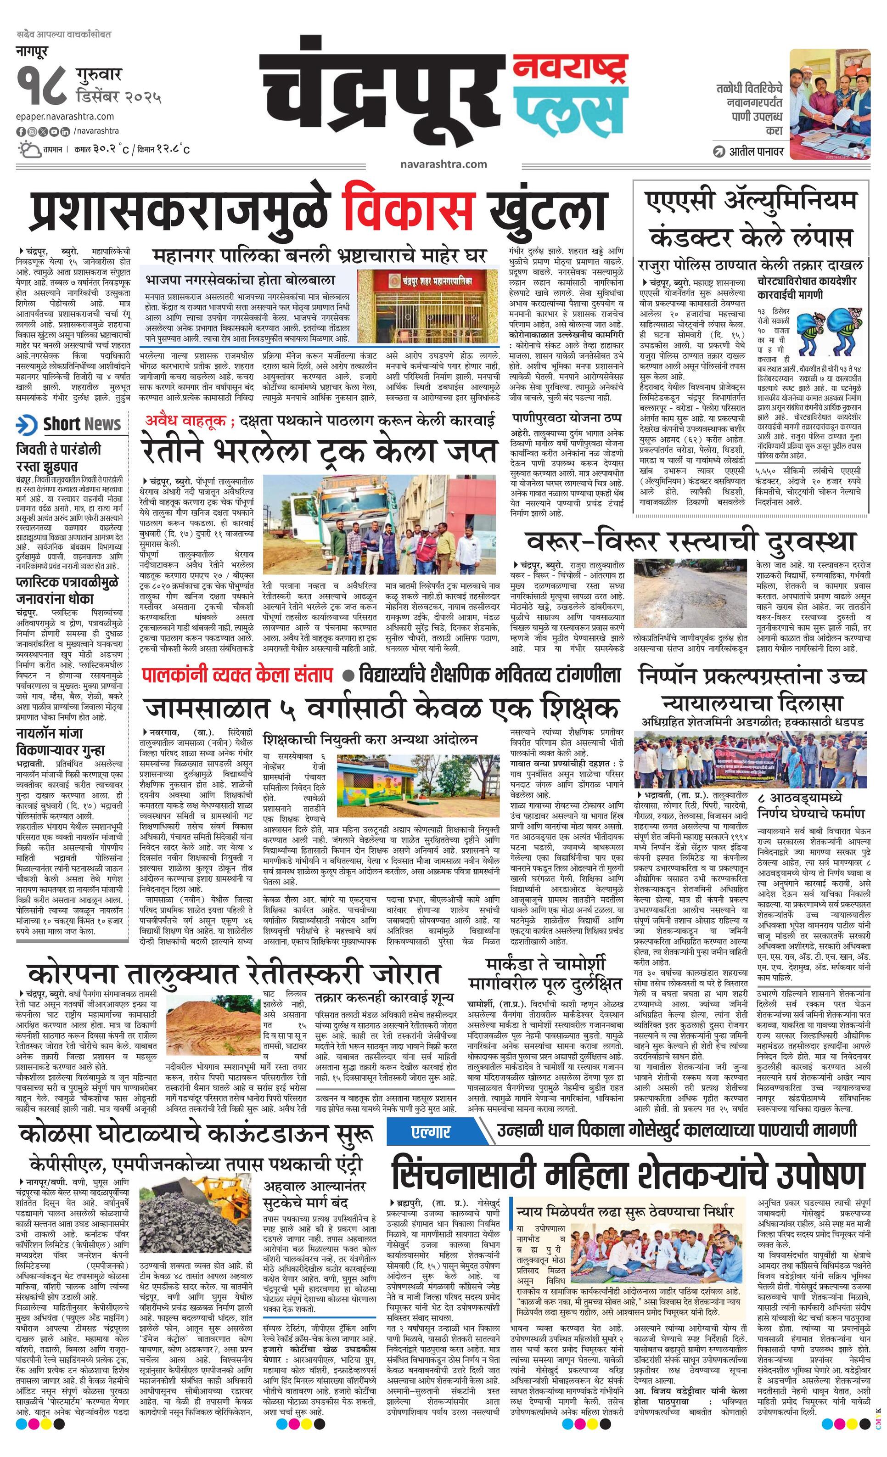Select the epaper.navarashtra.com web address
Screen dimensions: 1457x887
click(65, 117)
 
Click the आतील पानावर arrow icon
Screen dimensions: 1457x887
click(719, 152)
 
